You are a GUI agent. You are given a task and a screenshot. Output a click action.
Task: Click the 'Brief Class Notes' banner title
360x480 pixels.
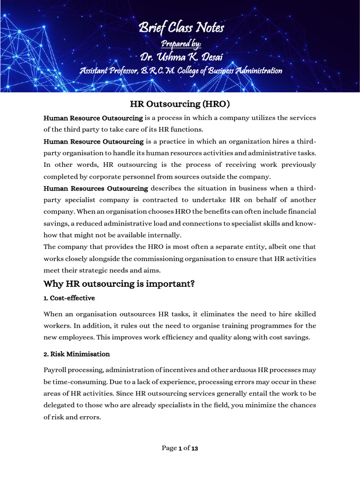[x=181, y=29]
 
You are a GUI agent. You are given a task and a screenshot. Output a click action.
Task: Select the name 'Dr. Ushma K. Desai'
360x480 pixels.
[x=181, y=57]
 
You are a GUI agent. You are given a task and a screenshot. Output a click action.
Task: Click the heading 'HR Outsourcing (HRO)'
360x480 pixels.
[x=180, y=104]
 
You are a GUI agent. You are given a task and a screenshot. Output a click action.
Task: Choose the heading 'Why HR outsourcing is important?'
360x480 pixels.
[x=119, y=284]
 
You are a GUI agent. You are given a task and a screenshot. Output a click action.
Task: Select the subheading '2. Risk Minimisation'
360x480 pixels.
[x=77, y=354]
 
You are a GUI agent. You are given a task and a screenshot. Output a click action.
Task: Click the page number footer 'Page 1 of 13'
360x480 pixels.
[x=180, y=448]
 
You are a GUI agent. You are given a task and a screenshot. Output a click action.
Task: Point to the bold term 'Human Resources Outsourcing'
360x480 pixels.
[x=96, y=188]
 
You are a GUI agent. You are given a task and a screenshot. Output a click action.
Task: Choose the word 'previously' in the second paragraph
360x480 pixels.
[x=297, y=165]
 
